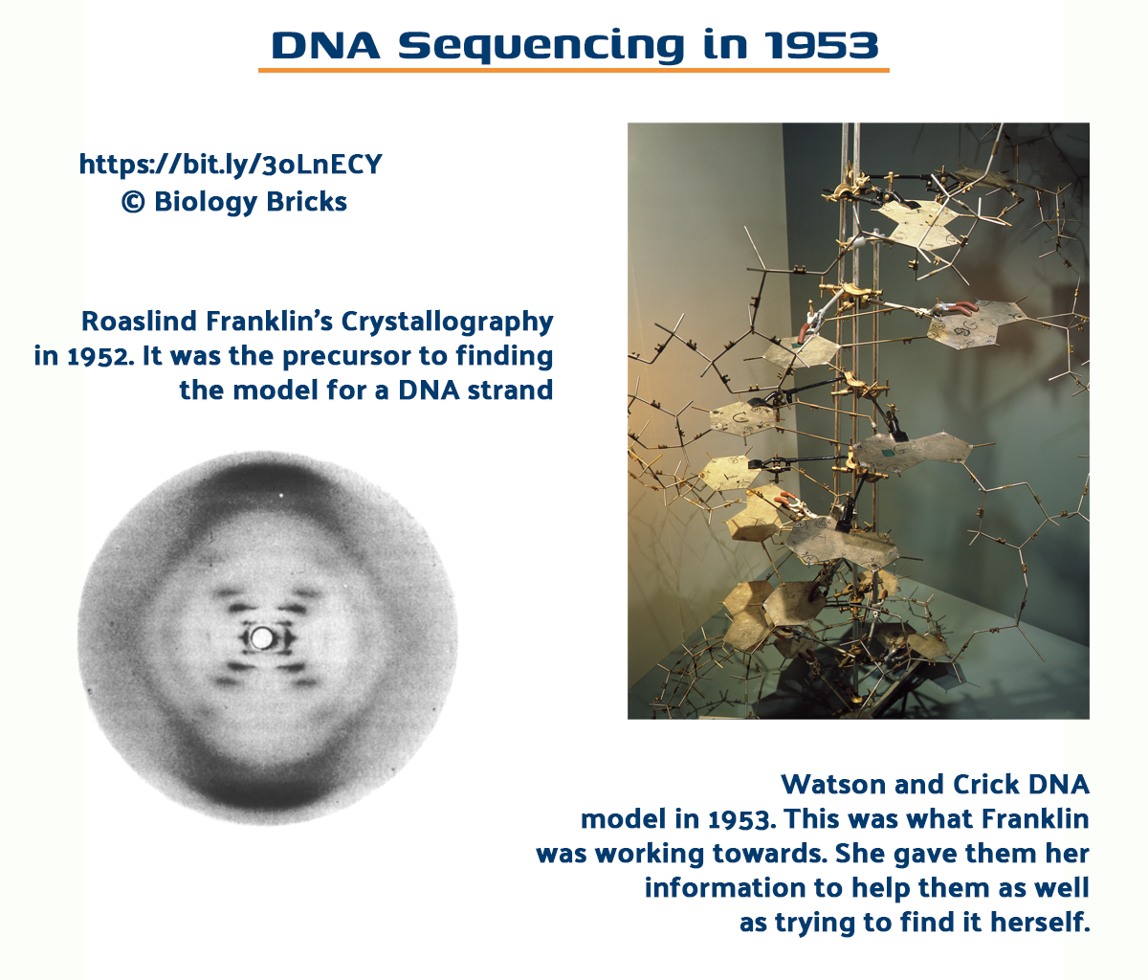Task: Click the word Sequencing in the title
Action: tap(541, 47)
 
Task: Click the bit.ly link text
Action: tap(231, 165)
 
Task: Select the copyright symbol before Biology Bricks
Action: tap(133, 202)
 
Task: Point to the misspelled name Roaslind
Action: tap(139, 322)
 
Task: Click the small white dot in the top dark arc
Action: tap(281, 495)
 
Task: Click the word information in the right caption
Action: tap(725, 888)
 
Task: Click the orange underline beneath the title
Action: tap(574, 71)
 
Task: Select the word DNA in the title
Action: tap(325, 45)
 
